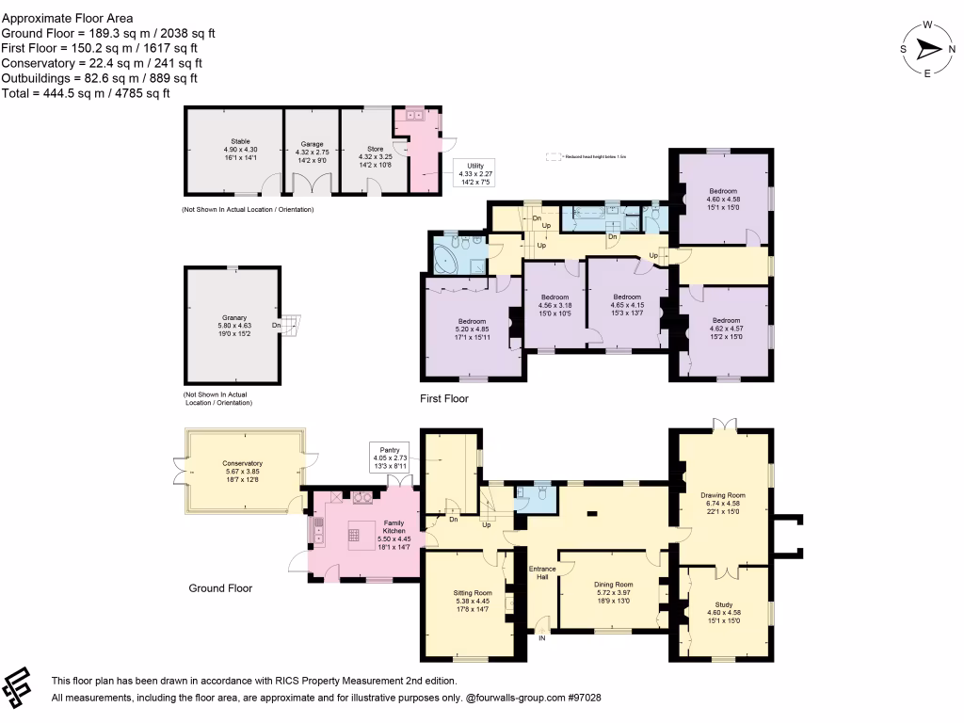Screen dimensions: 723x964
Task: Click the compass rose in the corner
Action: click(928, 49)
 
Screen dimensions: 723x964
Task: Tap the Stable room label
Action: click(233, 150)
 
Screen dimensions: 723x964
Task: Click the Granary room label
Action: click(231, 326)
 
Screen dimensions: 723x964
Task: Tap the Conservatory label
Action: click(242, 470)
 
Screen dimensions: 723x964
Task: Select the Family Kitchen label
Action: click(394, 529)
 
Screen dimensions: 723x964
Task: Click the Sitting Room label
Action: click(473, 601)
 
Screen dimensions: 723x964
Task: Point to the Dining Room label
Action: click(613, 591)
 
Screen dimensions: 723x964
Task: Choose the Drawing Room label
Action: click(722, 503)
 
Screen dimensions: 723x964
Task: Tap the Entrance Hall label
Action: click(541, 573)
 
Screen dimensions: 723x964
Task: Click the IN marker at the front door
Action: click(542, 639)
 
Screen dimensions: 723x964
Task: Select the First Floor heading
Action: click(443, 399)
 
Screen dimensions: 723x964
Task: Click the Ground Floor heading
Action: click(220, 588)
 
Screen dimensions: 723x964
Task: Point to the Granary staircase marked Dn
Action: click(295, 327)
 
